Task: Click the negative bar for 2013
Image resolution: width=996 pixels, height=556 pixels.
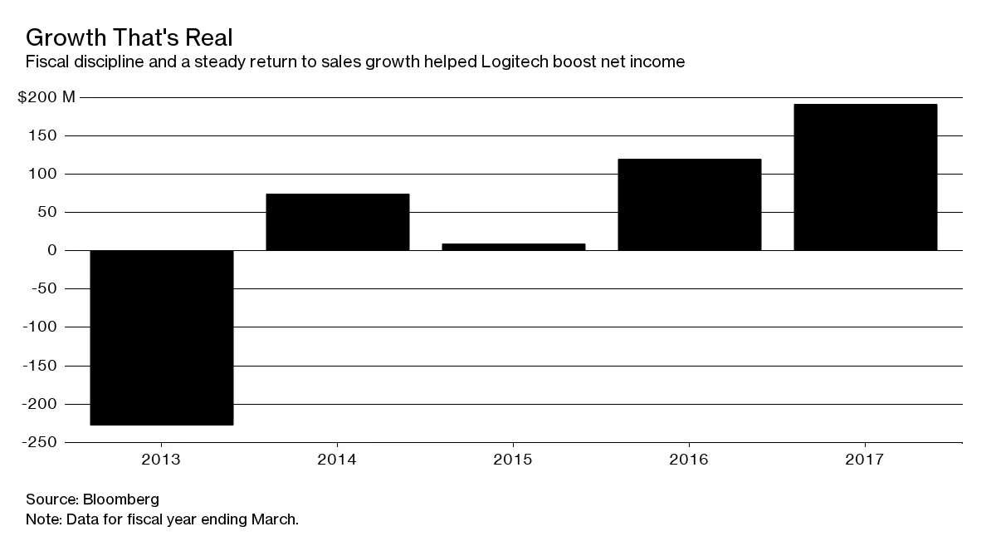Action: coord(161,337)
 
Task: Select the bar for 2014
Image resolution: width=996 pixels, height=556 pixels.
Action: coord(337,222)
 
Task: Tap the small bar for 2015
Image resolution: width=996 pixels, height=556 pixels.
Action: coord(513,247)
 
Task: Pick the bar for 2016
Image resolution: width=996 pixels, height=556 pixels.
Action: coord(689,204)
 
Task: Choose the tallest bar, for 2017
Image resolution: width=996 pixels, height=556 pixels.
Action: coord(865,177)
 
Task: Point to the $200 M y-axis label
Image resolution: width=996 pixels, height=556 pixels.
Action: coord(46,98)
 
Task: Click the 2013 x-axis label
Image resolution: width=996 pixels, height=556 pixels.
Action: coord(161,460)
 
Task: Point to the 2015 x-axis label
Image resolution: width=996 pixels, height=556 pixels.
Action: coord(513,460)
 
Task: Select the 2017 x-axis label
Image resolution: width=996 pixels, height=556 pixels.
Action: coord(865,460)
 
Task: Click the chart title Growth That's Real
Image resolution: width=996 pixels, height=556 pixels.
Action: coord(129,37)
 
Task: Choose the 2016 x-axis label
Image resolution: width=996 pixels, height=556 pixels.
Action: coord(689,460)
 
